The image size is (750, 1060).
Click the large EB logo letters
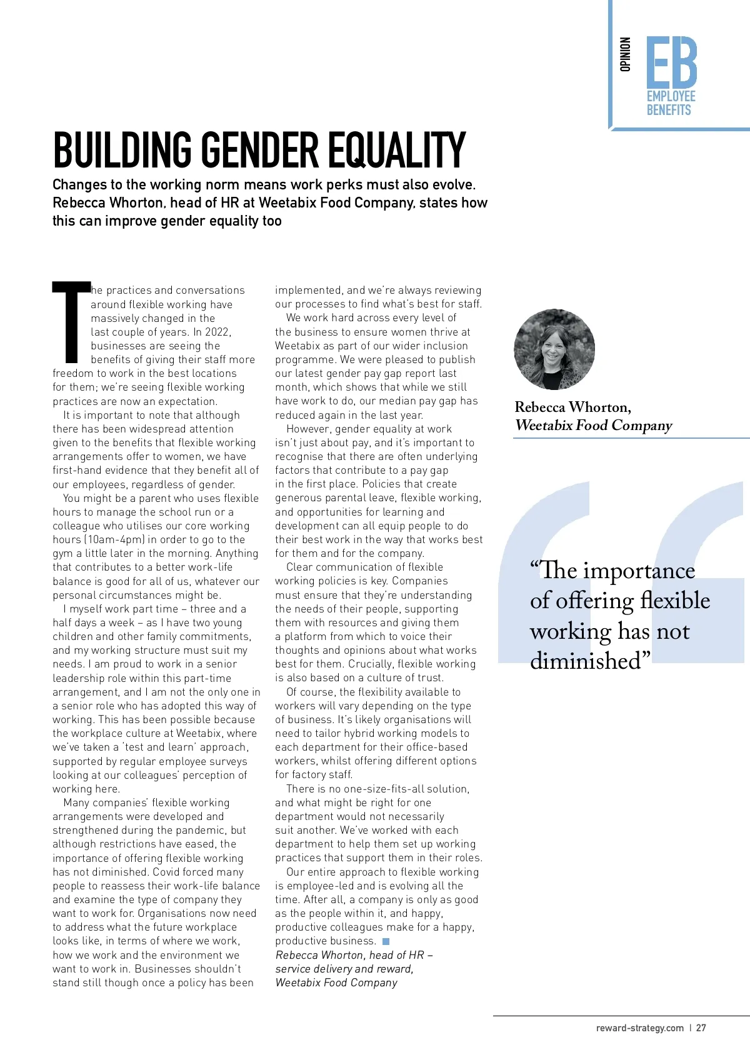[x=671, y=62]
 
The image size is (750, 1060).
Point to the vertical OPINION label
[x=625, y=54]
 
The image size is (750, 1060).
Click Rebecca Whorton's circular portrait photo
[x=554, y=349]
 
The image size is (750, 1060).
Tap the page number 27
[x=701, y=1028]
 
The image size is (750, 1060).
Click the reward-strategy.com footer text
[x=639, y=1028]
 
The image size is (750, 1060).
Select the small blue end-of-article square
[x=386, y=941]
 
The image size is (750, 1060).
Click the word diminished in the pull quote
[x=586, y=661]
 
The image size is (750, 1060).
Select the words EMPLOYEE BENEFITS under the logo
[x=671, y=103]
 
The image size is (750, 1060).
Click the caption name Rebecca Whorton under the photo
[x=572, y=407]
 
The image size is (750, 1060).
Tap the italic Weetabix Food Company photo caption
[x=593, y=426]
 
